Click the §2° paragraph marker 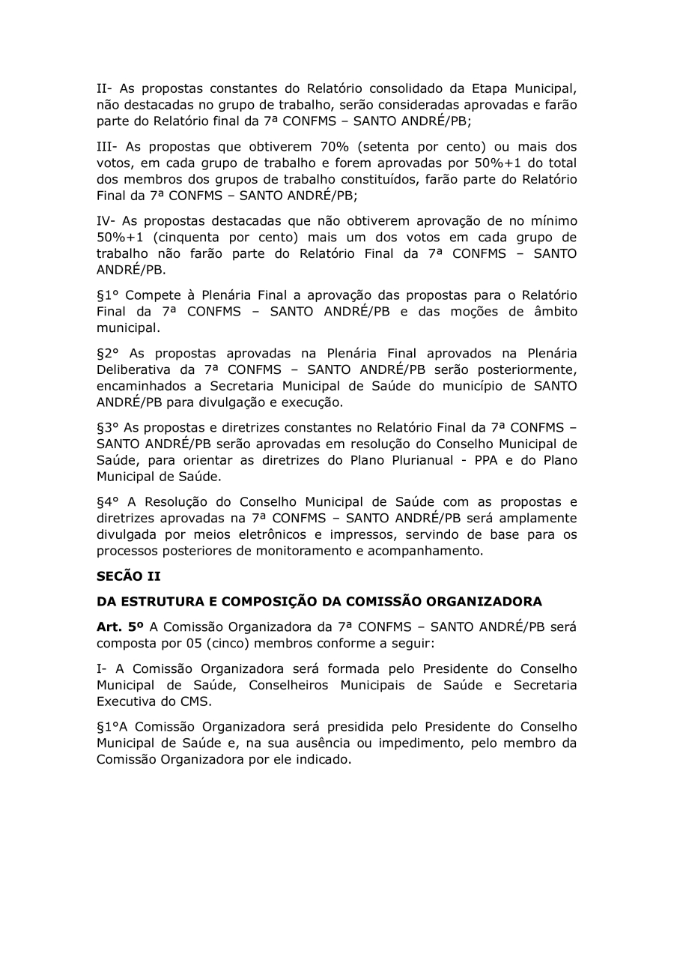(x=112, y=353)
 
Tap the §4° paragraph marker (x=112, y=502)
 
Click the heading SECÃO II (x=129, y=576)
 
